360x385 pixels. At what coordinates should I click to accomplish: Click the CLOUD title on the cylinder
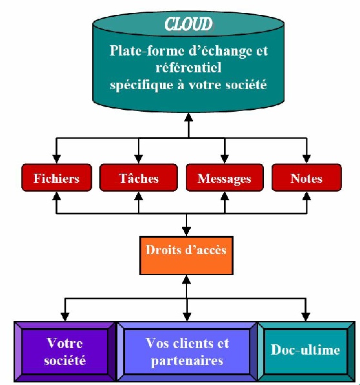pos(188,24)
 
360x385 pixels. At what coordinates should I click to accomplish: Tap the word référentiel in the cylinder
pos(188,67)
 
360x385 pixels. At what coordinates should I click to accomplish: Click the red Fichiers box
pos(57,178)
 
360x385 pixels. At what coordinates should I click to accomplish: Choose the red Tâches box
pos(139,178)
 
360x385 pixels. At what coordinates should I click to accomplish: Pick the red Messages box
pos(225,178)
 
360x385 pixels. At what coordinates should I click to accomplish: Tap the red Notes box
pos(306,178)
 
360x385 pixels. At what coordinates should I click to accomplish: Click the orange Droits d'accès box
pos(186,255)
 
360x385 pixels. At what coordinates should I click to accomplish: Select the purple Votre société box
pos(65,351)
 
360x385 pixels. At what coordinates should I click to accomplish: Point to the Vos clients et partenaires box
pos(187,351)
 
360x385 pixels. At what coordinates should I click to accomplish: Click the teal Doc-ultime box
pos(306,351)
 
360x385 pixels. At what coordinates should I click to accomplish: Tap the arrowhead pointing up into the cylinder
pos(188,118)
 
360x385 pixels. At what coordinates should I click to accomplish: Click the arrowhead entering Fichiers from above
pos(57,159)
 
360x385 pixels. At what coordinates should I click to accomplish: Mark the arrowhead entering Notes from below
pos(306,196)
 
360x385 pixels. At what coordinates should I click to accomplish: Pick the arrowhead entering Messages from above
pos(225,159)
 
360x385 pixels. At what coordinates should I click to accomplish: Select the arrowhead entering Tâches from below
pos(139,196)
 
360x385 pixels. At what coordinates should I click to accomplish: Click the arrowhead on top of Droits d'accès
pos(186,231)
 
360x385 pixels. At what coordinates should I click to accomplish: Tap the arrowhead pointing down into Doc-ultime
pos(306,317)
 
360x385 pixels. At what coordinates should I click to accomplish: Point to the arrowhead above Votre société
pos(65,317)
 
